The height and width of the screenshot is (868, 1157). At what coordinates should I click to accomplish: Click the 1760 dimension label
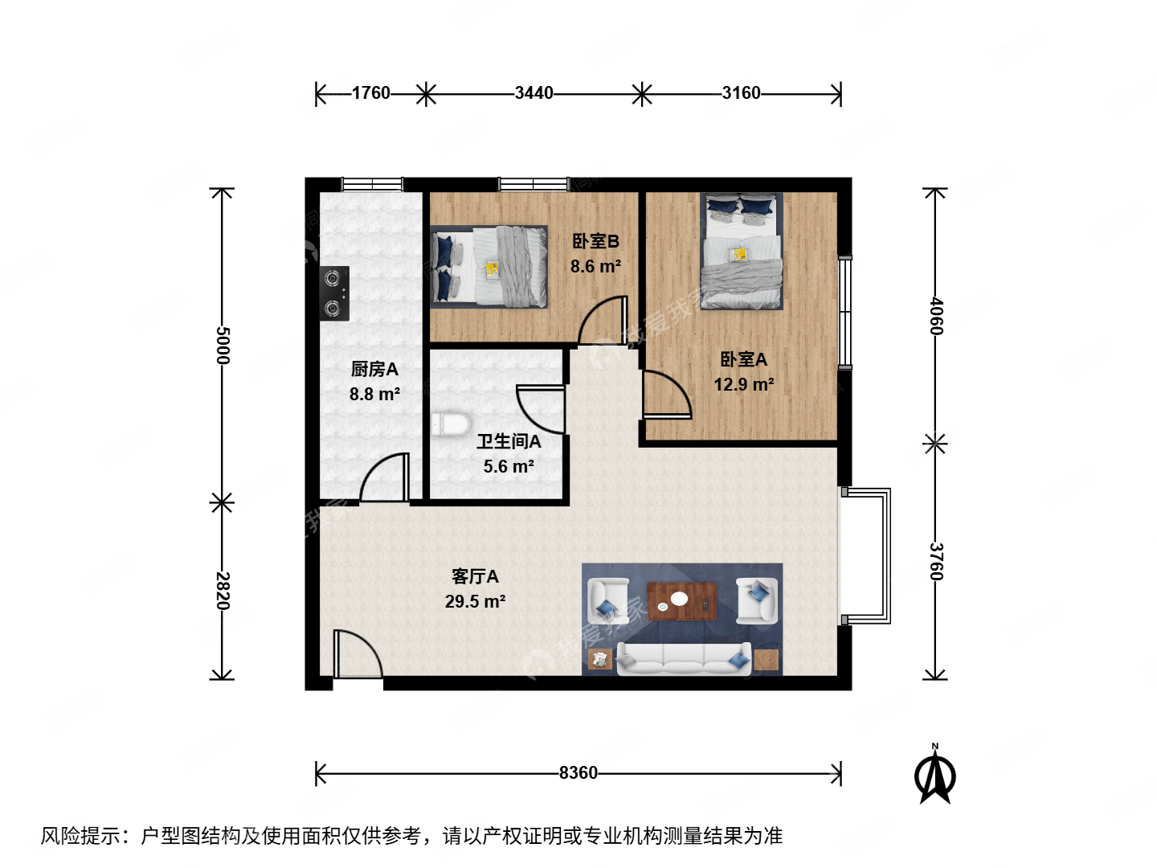tap(370, 93)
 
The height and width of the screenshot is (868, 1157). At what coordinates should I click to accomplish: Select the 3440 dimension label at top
tap(534, 93)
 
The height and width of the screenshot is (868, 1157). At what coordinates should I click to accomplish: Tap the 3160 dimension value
tap(741, 93)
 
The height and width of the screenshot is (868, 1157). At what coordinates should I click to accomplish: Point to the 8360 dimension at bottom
tap(578, 773)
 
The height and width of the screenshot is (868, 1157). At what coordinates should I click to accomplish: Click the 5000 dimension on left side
tap(223, 346)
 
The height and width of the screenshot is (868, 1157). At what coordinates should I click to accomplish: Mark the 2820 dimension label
tap(223, 591)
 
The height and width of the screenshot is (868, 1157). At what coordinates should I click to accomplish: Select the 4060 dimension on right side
tap(936, 316)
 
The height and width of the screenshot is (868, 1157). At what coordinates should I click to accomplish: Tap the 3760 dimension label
tap(936, 561)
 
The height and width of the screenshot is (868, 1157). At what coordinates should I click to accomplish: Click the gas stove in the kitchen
tap(334, 293)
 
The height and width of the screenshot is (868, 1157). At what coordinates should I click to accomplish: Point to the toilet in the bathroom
tap(450, 424)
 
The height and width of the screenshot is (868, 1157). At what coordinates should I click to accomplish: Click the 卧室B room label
tap(595, 241)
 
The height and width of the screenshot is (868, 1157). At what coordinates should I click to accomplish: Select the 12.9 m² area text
tap(744, 385)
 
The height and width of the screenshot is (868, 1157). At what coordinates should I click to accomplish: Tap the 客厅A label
tap(475, 576)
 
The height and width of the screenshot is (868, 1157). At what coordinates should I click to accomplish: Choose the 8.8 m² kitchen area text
tap(374, 395)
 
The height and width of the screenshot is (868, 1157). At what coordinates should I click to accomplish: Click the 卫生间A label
tap(509, 441)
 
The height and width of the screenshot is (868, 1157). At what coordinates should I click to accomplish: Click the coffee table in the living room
tap(681, 600)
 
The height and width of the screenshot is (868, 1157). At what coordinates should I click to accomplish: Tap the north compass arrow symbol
tap(935, 775)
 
